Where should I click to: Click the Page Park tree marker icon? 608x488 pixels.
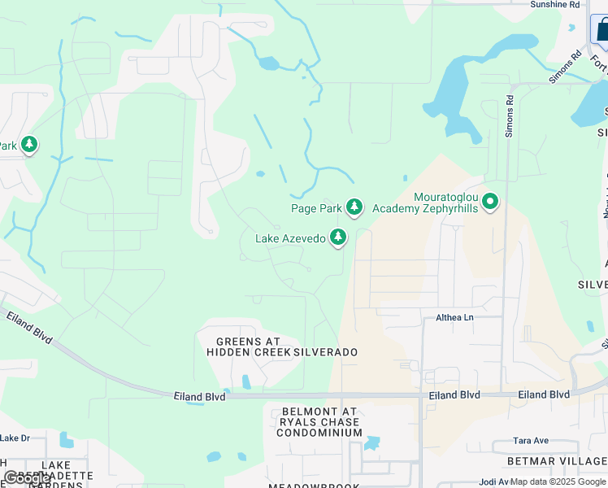354,208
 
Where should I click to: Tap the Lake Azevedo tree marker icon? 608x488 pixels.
338,238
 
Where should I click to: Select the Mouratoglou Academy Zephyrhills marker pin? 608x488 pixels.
490,201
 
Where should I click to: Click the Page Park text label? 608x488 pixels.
317,208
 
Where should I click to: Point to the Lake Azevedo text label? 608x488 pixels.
290,238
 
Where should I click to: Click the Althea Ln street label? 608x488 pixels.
454,318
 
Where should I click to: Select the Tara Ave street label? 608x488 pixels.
532,441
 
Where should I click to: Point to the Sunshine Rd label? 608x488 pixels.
555,4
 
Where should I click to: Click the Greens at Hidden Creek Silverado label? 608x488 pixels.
282,346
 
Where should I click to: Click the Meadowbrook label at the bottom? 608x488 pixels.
318,484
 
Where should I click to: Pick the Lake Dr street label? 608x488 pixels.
15,438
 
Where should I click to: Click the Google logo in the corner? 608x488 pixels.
28,478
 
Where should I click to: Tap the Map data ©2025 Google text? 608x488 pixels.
558,481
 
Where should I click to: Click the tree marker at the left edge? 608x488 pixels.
29,145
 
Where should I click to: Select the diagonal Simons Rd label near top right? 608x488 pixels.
565,67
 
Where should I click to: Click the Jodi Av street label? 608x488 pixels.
494,482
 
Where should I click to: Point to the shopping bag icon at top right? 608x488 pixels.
601,31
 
